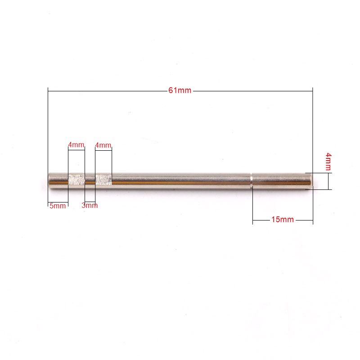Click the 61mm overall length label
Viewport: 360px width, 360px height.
coord(180,90)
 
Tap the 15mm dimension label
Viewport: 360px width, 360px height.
coord(283,220)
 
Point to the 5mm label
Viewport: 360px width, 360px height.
coord(58,206)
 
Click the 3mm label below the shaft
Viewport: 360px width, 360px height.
coord(90,206)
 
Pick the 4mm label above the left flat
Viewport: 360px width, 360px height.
coord(76,145)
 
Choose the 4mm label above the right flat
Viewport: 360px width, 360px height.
coord(103,145)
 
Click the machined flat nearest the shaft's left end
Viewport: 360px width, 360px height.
coord(76,180)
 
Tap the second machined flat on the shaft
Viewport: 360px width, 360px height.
coord(103,180)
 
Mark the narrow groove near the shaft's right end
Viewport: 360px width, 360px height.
coord(251,181)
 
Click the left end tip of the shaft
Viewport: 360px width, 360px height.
coord(49,181)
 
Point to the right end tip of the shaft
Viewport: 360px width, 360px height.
coord(311,181)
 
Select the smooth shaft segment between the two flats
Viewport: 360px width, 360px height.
coord(90,181)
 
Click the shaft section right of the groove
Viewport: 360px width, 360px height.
coord(281,181)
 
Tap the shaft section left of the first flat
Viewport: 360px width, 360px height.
coord(58,181)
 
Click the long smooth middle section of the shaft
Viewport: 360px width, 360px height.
coord(180,181)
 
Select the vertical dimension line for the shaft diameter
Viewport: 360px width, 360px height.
coord(328,181)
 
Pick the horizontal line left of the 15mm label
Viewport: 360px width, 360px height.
coord(261,220)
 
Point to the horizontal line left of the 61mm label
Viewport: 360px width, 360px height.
coord(108,90)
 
